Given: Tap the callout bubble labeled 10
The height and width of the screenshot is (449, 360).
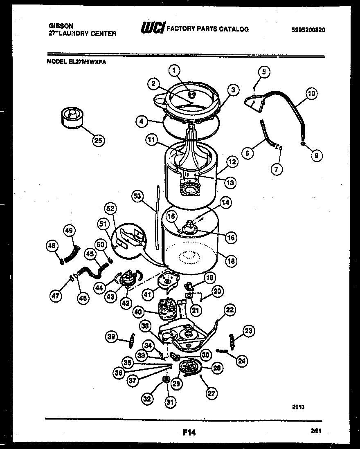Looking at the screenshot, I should coord(311,94).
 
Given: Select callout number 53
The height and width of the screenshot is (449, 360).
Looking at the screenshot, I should coord(137,197).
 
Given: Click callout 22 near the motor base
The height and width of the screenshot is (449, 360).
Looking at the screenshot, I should coord(230,310).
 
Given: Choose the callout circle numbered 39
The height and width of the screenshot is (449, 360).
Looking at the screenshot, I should coord(111,336).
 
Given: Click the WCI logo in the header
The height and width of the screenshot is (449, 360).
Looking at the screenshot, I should coord(153,28).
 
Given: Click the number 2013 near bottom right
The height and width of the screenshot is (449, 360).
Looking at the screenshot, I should coord(298,407).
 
